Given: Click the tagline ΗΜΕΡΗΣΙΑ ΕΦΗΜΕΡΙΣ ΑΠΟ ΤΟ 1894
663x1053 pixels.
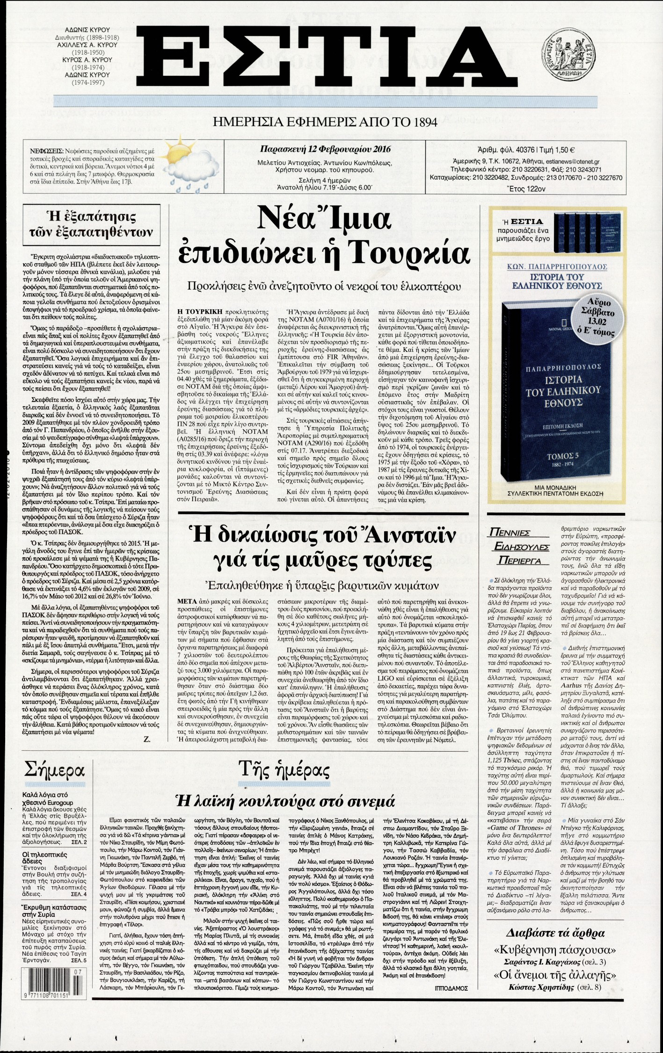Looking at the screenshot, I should click(325, 123).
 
